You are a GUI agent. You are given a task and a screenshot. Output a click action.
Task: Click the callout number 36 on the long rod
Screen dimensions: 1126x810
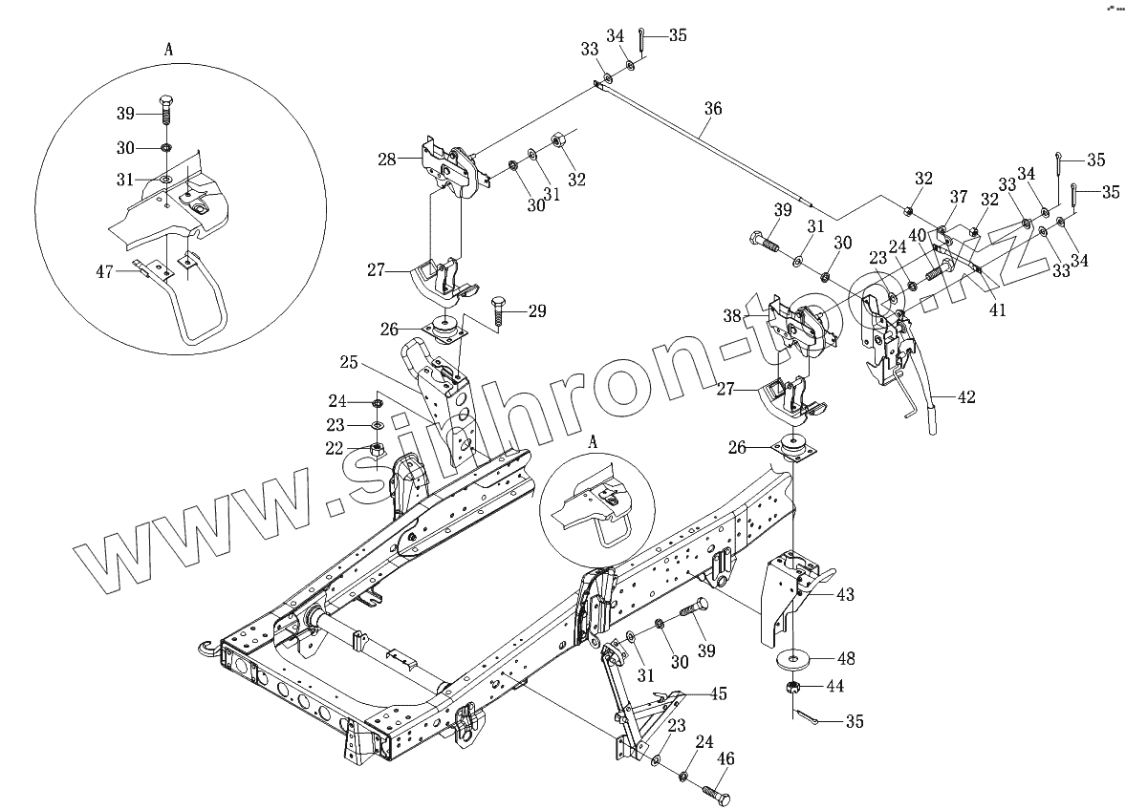pyautogui.click(x=712, y=110)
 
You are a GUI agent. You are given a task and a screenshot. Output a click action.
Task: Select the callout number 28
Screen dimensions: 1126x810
pyautogui.click(x=386, y=160)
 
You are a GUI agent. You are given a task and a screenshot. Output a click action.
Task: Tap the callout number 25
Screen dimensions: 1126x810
pyautogui.click(x=348, y=363)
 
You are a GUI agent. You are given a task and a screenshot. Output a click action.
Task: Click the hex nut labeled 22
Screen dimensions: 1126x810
pyautogui.click(x=377, y=448)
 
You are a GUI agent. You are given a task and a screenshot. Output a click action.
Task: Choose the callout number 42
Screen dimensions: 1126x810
pyautogui.click(x=966, y=397)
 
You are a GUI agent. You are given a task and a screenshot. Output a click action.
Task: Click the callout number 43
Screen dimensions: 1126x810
pyautogui.click(x=845, y=595)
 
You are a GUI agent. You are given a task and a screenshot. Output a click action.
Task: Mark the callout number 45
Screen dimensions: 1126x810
pyautogui.click(x=718, y=694)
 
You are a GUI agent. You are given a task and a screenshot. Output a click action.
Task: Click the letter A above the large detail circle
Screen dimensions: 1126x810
pyautogui.click(x=168, y=51)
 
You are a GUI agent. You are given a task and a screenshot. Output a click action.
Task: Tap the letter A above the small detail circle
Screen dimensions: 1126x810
pyautogui.click(x=593, y=442)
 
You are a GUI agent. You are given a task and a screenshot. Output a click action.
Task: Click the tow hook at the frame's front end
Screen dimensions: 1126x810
pyautogui.click(x=204, y=649)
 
